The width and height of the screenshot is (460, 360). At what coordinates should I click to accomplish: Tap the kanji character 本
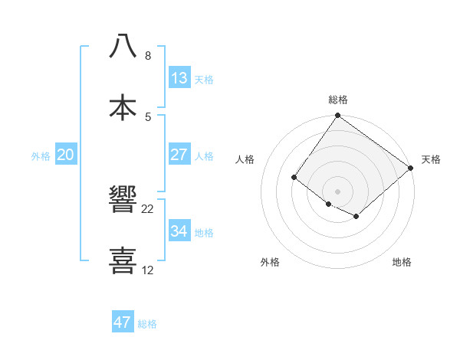(x=123, y=106)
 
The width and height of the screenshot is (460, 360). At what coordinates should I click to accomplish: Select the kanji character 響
(x=123, y=199)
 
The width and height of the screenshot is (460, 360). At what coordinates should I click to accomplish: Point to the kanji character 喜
(x=123, y=260)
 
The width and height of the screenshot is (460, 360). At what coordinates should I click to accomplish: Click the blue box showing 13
(x=179, y=78)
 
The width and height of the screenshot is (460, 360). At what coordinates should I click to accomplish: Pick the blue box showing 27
(x=179, y=155)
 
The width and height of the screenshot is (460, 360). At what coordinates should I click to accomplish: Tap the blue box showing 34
(x=179, y=231)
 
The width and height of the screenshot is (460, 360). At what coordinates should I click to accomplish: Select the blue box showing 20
(x=65, y=155)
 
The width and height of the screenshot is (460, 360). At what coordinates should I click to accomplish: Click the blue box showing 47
(x=122, y=322)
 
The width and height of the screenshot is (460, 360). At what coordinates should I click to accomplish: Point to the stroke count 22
(x=148, y=209)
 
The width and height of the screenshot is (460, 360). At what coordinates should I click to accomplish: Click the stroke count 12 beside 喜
(x=148, y=270)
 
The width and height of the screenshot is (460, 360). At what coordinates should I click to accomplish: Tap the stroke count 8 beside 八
(x=148, y=56)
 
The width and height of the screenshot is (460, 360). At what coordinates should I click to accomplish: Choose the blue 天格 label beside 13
(x=204, y=79)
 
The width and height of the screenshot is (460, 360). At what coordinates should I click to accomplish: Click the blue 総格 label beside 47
(x=147, y=323)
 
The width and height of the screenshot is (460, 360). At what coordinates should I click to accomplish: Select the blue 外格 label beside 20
(x=41, y=155)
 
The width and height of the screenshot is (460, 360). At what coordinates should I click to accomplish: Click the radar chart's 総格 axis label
(x=337, y=100)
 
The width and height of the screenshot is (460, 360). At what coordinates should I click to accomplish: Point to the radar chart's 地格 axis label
(x=402, y=262)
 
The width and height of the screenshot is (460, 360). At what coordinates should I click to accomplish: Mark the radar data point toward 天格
(x=411, y=169)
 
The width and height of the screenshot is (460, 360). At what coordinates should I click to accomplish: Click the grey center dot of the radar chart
(x=337, y=191)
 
